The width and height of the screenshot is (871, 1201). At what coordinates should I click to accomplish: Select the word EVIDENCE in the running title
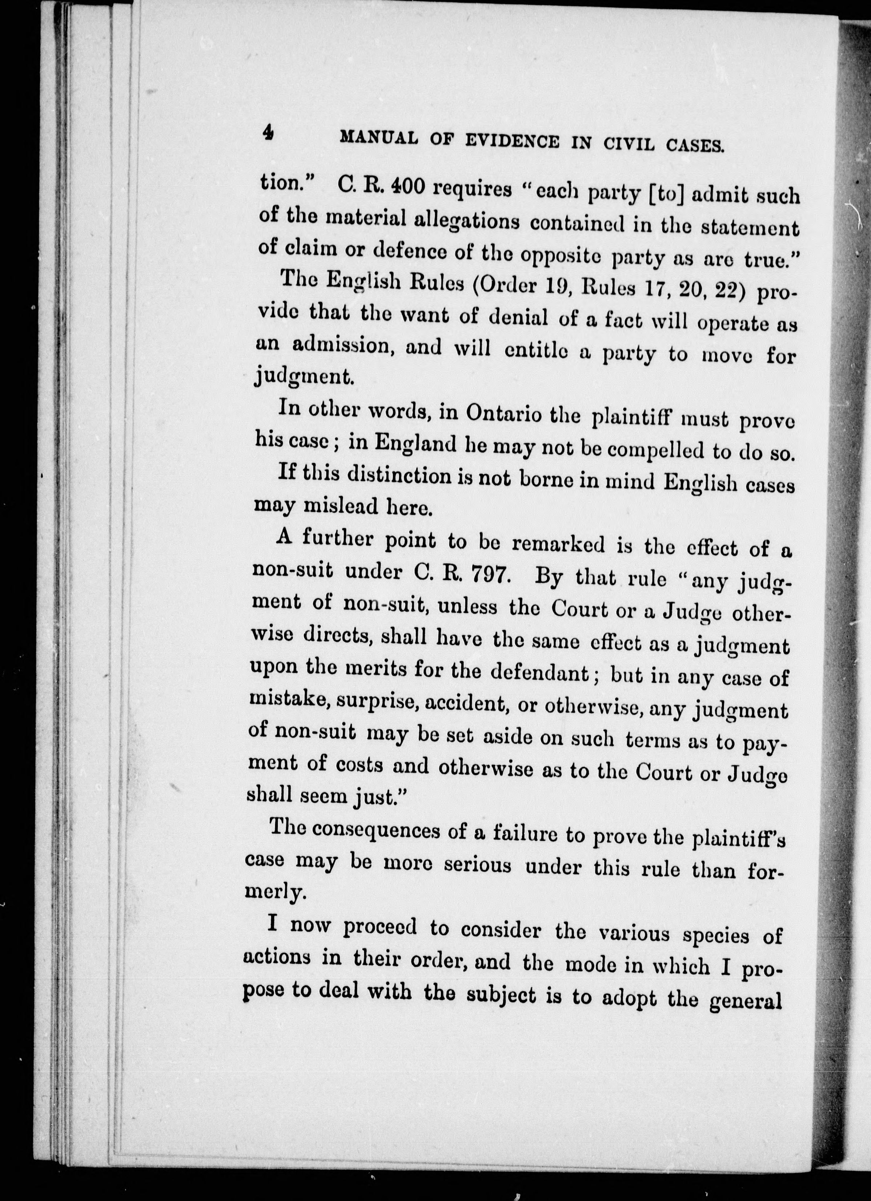point(511,141)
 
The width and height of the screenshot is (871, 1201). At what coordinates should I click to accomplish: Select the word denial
point(518,319)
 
